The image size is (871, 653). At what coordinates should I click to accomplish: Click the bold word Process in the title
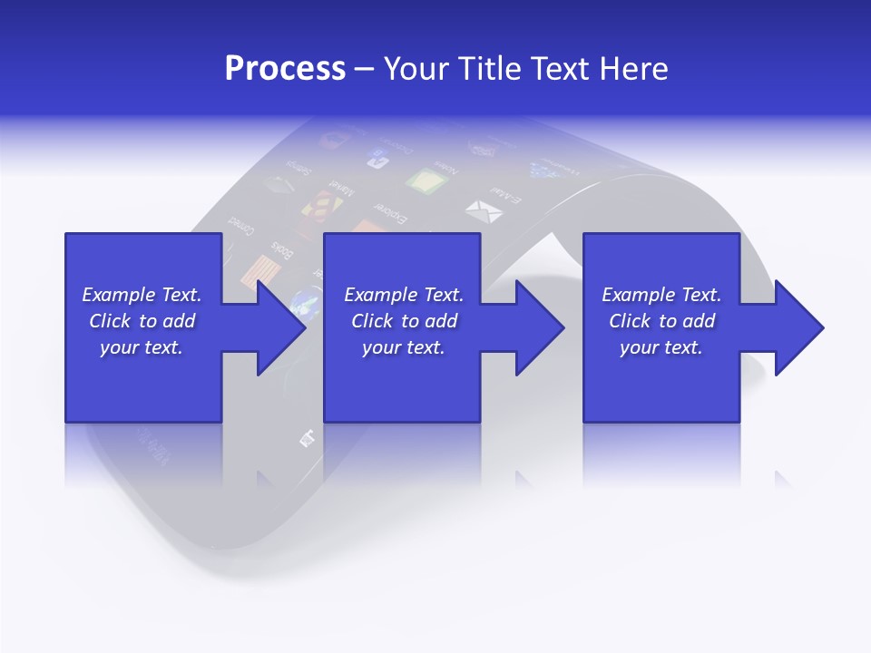(x=285, y=69)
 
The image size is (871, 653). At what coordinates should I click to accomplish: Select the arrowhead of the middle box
(x=539, y=327)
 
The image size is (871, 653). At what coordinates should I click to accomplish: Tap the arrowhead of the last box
(x=798, y=327)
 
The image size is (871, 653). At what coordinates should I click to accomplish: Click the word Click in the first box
(x=110, y=321)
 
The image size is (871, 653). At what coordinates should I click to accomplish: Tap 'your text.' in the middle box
(x=403, y=347)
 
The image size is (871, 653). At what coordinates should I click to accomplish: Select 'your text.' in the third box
(x=661, y=347)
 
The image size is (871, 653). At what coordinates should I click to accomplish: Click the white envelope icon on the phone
(x=483, y=211)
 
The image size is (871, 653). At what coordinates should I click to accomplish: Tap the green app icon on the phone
(x=426, y=181)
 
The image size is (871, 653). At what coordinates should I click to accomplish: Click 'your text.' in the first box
(x=141, y=347)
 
